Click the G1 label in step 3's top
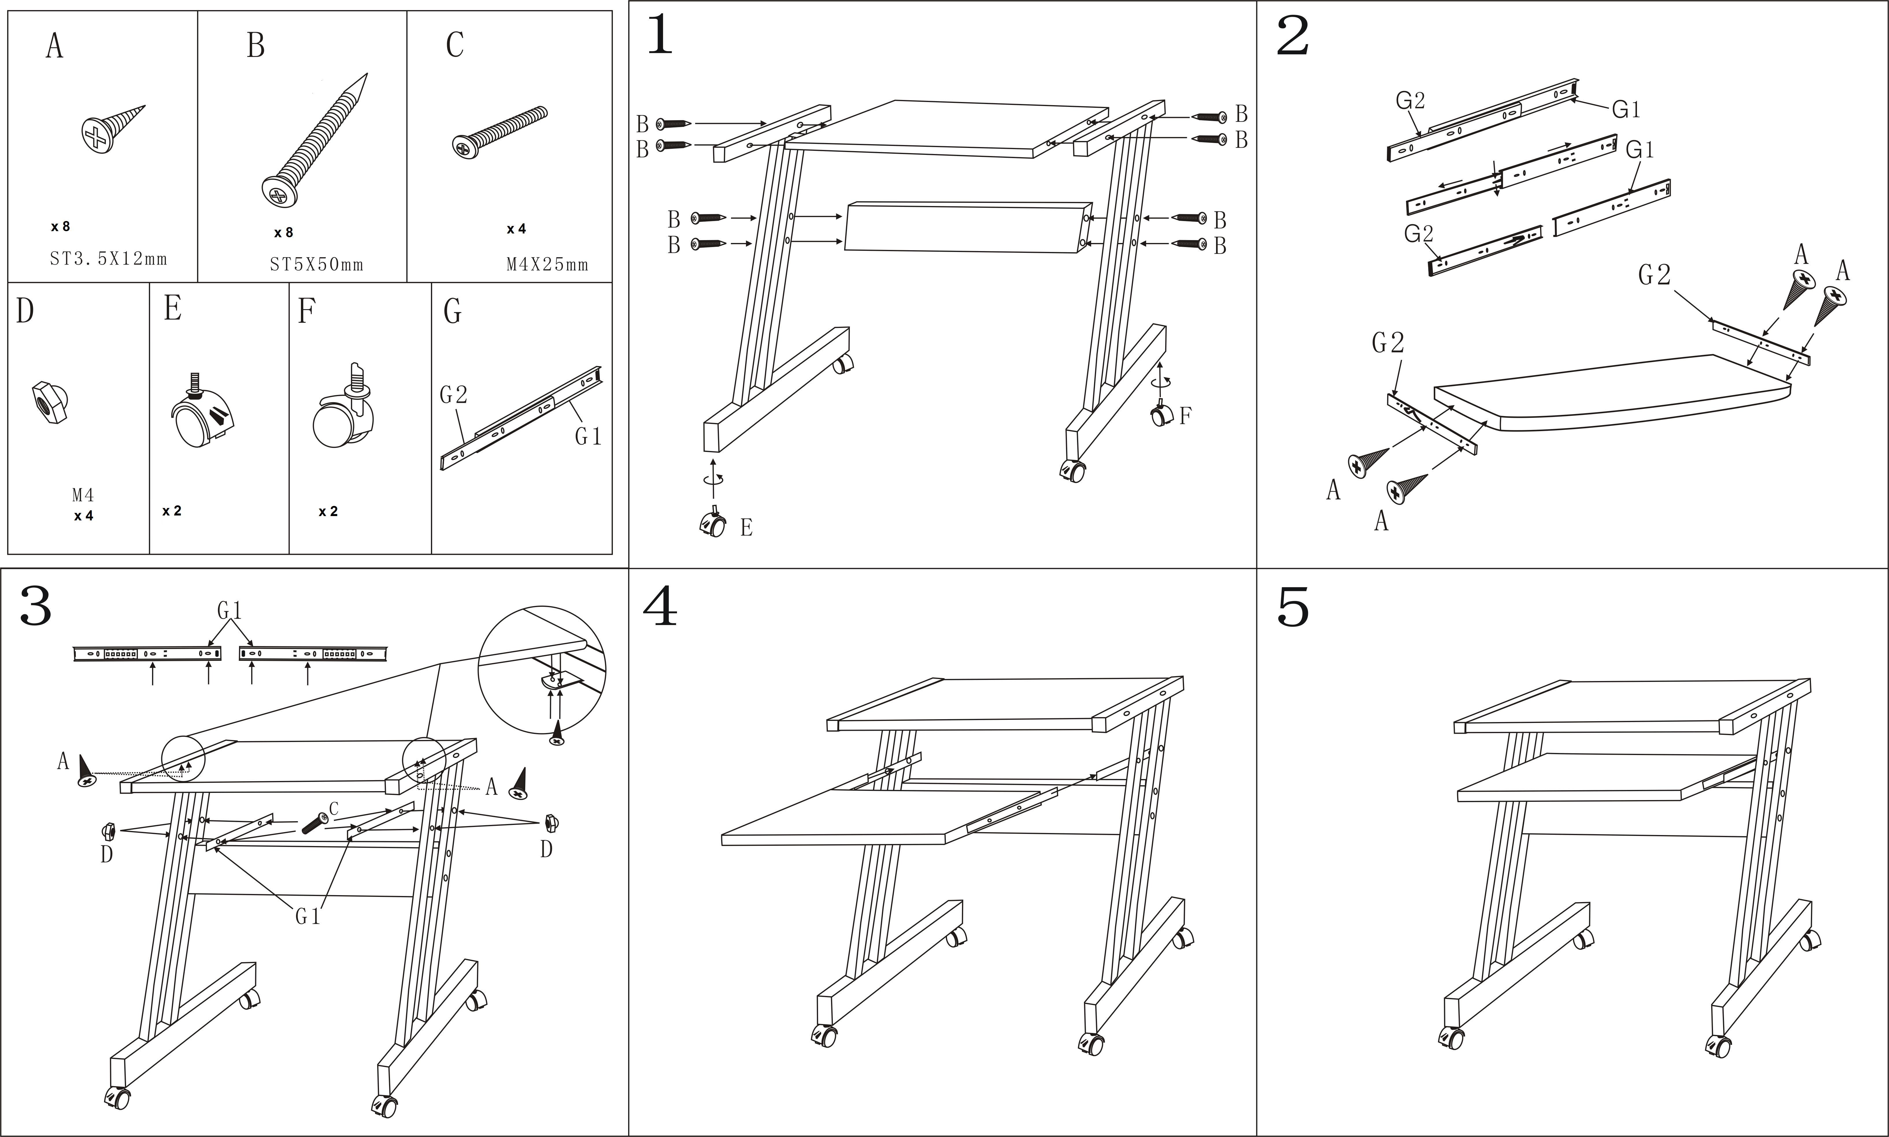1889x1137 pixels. pos(230,611)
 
